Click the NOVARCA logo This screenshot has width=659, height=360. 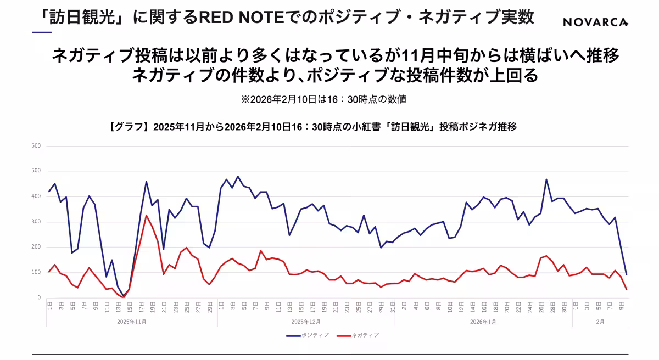tap(595, 22)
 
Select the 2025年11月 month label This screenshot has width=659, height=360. tap(131, 322)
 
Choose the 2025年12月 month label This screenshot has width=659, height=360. tap(305, 322)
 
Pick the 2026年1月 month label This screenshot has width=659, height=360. tap(483, 322)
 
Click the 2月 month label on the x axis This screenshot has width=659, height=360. tap(600, 322)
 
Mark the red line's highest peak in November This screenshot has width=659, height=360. tap(146, 215)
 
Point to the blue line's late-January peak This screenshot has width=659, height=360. tap(546, 179)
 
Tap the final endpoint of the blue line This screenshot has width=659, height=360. tap(626, 274)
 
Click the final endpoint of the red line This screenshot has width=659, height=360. tap(626, 289)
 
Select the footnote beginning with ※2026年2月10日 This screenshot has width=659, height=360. tap(323, 99)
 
